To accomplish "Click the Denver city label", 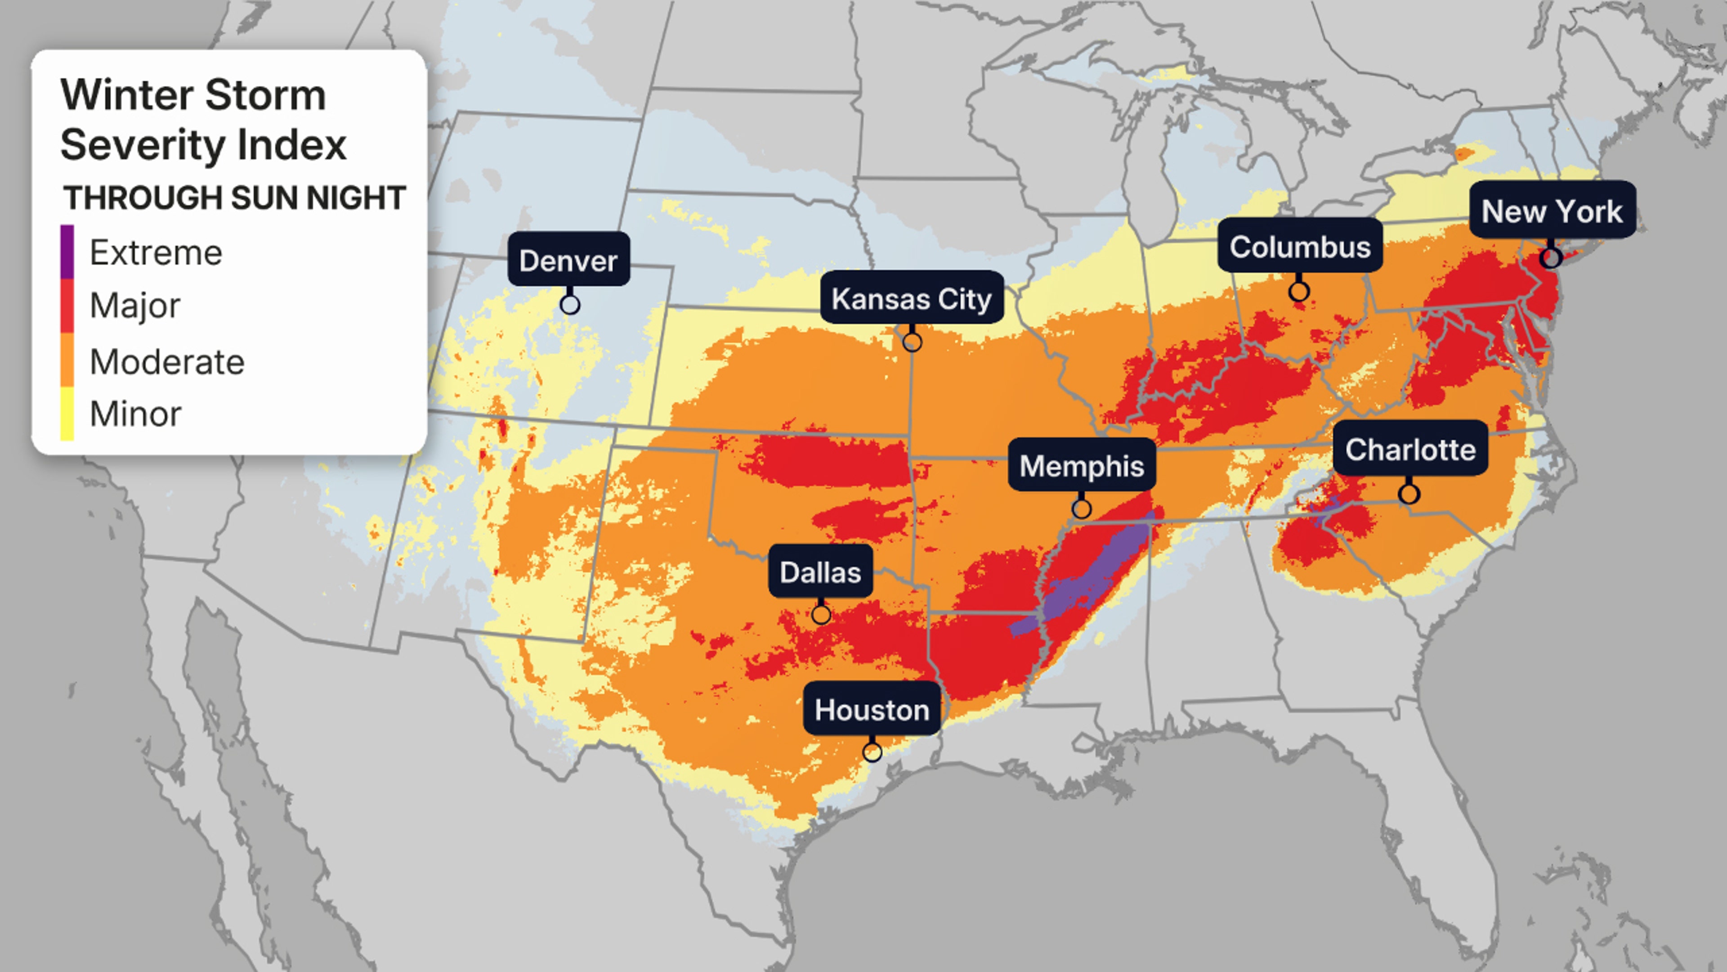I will click(568, 260).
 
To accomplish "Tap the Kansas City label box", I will click(911, 298).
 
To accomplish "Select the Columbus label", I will click(1299, 247).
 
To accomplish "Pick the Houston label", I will click(872, 710).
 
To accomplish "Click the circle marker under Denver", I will click(570, 305).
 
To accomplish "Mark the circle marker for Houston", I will click(872, 752).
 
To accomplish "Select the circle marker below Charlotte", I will click(1409, 495).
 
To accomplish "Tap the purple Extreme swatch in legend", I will click(67, 252).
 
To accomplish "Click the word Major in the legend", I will click(135, 306).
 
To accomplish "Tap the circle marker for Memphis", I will click(1081, 509).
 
